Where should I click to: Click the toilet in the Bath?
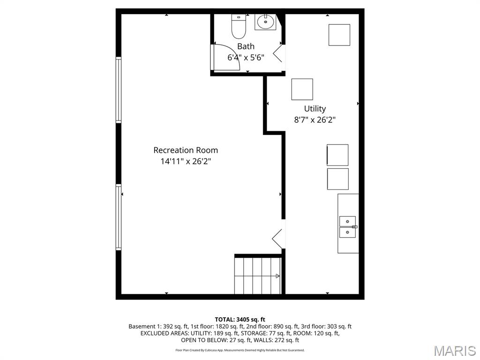pos(239,27)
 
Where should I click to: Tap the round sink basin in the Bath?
pos(265,22)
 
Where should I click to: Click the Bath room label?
pos(246,46)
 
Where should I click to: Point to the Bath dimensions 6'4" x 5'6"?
pos(246,58)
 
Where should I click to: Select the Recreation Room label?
pos(186,150)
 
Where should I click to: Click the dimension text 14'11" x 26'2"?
pos(186,161)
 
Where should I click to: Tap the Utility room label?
pos(315,109)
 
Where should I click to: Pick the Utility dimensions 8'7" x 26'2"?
pos(315,120)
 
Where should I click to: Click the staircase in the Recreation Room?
pos(257,276)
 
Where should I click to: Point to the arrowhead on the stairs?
pos(277,276)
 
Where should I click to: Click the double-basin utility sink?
pos(348,227)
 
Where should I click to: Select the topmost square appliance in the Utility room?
pos(339,35)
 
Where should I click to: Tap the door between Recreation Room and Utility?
pos(278,234)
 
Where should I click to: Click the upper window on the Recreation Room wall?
pos(118,90)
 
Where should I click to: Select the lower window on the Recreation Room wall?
pos(118,217)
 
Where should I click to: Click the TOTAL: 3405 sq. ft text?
pos(240,320)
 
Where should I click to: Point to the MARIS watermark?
pos(455,351)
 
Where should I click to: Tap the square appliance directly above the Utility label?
pos(302,89)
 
